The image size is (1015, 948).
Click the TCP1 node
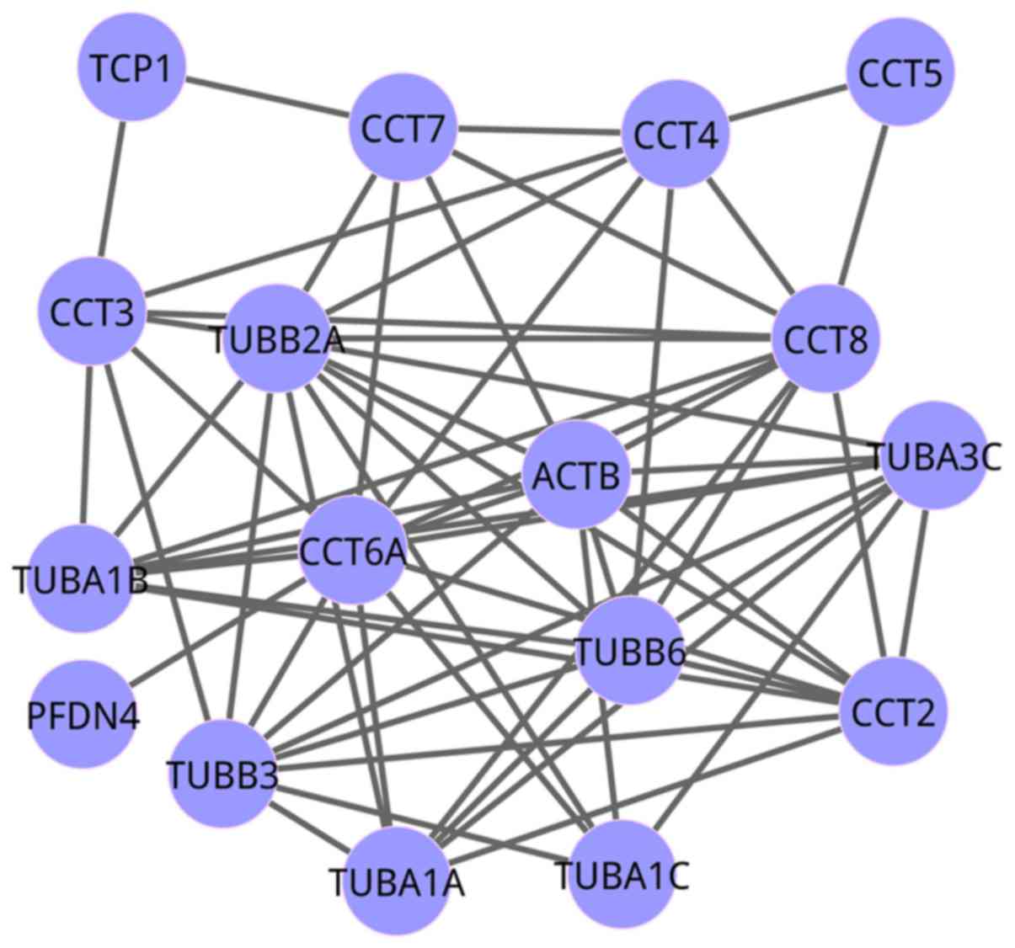pos(131,67)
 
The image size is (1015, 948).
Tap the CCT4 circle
pos(675,135)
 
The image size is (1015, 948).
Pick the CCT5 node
pos(900,73)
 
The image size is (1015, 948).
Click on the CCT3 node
pos(91,312)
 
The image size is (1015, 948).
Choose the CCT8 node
pos(826,338)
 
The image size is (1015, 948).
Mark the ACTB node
pos(576,476)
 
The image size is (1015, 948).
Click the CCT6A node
pos(353,551)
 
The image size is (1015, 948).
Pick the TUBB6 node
pos(628,650)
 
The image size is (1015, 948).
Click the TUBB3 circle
pos(221,773)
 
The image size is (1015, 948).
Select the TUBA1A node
pos(396,881)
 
